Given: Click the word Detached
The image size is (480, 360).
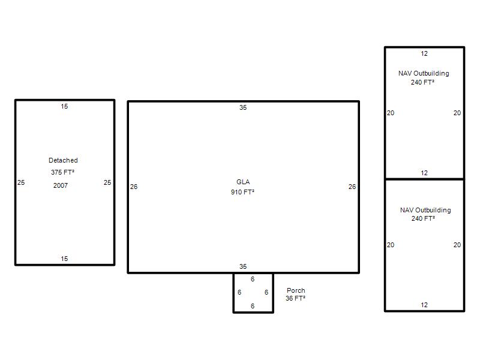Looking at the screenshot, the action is [x=63, y=160].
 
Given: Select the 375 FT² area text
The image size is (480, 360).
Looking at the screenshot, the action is [x=63, y=172].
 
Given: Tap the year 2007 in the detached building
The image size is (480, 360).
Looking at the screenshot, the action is [x=61, y=185].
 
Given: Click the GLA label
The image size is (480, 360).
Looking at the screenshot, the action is [x=243, y=182].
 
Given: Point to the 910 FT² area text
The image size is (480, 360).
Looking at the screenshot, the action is [x=243, y=192].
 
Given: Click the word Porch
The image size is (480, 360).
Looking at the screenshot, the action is [x=296, y=290].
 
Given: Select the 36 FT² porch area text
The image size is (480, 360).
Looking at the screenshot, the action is [x=295, y=298].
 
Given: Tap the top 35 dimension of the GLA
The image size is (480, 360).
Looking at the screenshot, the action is [x=243, y=107].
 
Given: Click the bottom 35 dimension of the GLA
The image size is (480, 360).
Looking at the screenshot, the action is [x=243, y=266].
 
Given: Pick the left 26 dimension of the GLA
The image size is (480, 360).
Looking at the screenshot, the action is [x=134, y=187].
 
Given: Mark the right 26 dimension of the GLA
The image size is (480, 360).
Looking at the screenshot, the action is [x=352, y=187].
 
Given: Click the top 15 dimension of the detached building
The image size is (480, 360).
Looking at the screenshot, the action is [x=64, y=106].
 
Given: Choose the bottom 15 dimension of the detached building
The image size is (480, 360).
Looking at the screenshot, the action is [x=64, y=259].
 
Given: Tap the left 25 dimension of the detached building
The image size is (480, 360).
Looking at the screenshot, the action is [x=21, y=182].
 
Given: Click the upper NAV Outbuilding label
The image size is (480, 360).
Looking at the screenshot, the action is [x=424, y=73].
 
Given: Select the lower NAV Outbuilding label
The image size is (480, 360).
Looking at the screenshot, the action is [x=425, y=210].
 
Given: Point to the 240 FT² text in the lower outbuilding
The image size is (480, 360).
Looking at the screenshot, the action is [x=423, y=218].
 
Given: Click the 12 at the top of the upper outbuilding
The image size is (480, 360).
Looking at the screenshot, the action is [x=424, y=53].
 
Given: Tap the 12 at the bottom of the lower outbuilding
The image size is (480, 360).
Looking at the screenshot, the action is [x=424, y=305].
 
